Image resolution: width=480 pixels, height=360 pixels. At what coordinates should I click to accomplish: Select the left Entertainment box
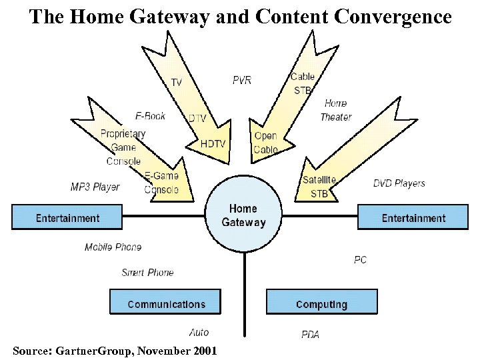point(67,218)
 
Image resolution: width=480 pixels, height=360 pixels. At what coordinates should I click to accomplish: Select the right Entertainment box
point(413,218)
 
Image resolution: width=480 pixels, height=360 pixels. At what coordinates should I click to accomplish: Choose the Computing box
point(321,304)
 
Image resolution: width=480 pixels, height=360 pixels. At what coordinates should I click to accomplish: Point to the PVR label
point(242,80)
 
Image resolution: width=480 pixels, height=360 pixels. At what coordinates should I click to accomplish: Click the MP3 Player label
point(95,187)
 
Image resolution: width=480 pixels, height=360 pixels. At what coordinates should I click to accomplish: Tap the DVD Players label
point(399,183)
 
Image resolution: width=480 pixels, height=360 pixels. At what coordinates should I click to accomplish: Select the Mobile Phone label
point(113,247)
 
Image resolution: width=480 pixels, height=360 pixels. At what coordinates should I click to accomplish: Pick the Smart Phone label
point(147,273)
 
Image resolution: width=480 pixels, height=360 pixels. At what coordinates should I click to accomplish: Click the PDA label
point(310,334)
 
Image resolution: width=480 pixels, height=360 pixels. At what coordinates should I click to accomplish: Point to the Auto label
point(199,332)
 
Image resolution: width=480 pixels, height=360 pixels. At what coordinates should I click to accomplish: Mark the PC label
point(360,260)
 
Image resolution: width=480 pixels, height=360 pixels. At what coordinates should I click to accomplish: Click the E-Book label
point(150,116)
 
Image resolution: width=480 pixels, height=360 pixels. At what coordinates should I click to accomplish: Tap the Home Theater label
point(336,110)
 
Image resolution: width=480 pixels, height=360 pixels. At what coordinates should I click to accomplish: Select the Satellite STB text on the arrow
point(319,187)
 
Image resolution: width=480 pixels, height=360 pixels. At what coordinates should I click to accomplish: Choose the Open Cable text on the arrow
point(266,143)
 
